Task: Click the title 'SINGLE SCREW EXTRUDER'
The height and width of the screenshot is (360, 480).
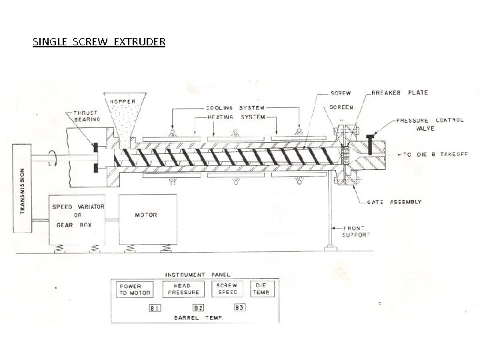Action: [99, 42]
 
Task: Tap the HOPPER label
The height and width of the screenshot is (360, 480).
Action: [122, 101]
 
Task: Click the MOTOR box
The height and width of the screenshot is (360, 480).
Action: [147, 215]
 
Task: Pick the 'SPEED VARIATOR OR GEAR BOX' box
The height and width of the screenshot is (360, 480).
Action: [78, 215]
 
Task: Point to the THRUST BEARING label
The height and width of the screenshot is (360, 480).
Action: [87, 117]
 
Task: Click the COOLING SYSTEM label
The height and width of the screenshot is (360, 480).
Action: [235, 108]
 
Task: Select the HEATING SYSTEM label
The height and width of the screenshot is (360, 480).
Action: [235, 117]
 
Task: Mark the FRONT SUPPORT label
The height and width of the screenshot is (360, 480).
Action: [355, 231]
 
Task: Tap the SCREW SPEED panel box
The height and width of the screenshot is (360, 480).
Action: [227, 289]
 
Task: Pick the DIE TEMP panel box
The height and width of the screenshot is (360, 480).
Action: [260, 289]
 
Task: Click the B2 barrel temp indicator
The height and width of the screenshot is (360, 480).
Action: [197, 308]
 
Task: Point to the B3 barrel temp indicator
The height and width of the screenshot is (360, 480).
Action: [239, 308]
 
